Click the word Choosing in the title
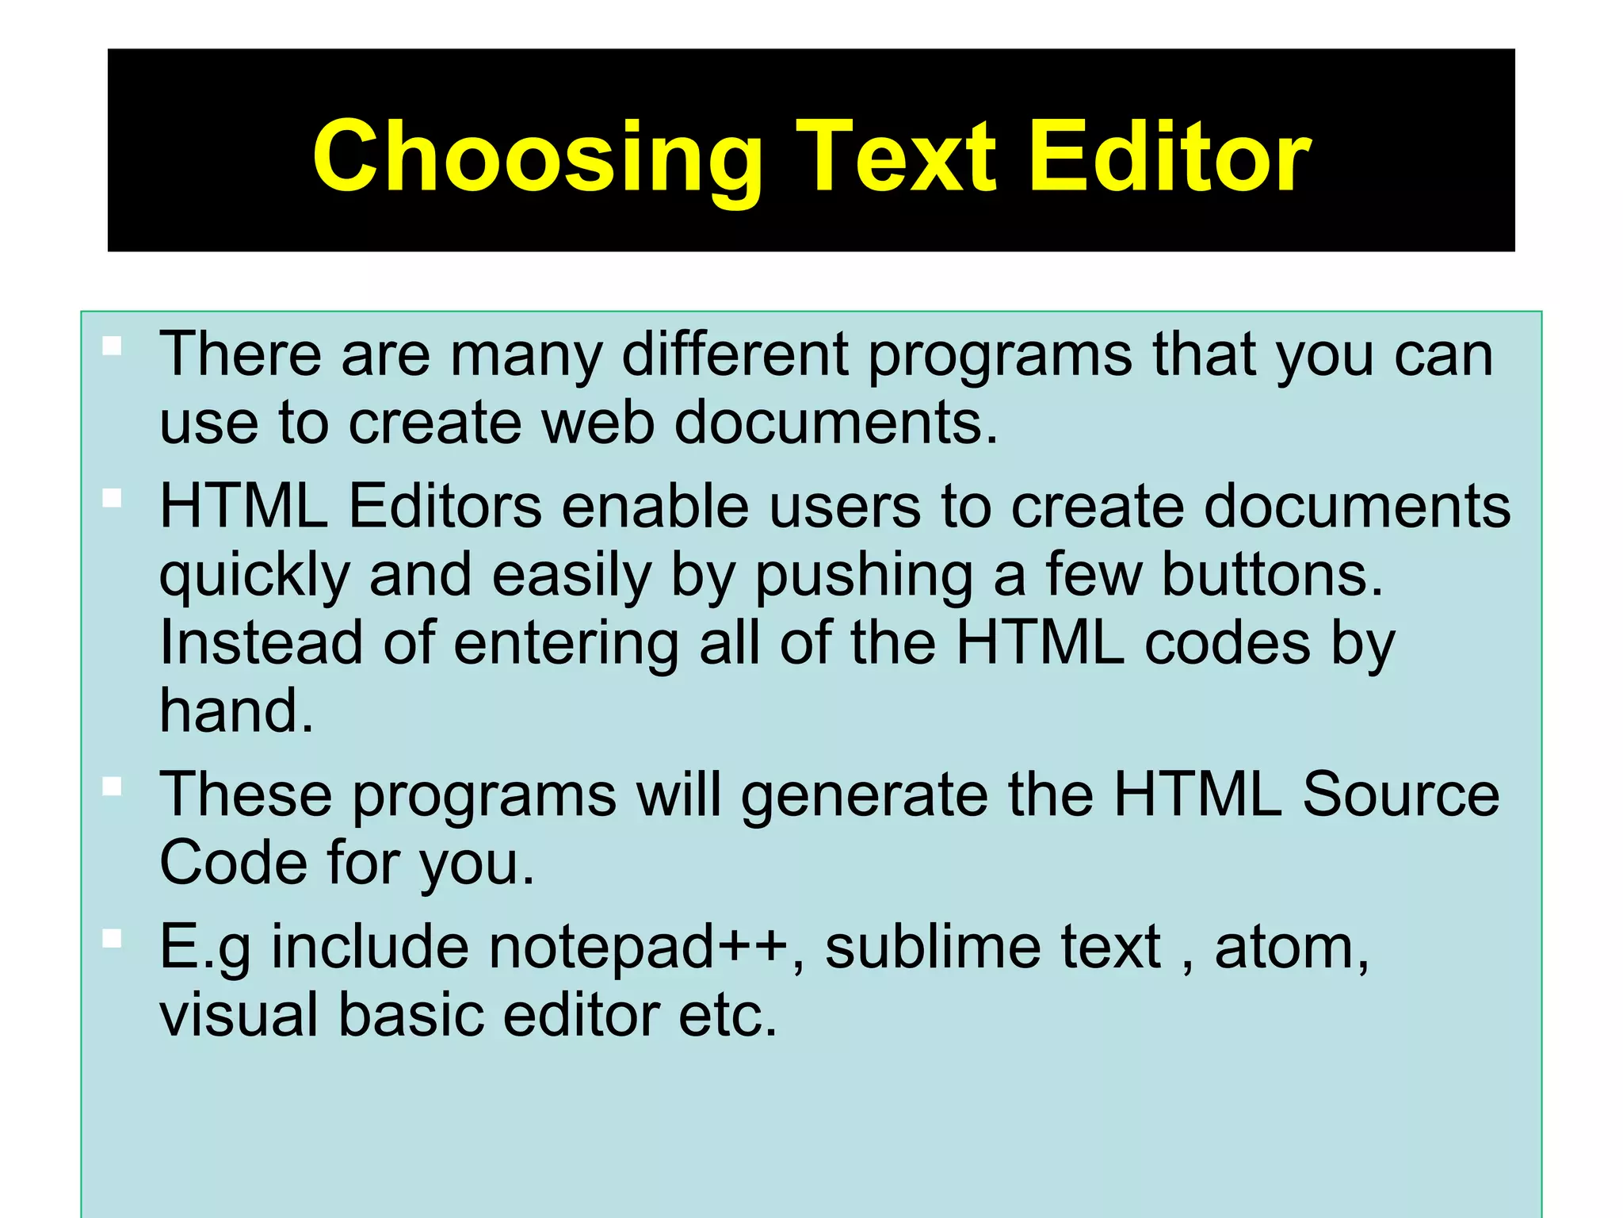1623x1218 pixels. [537, 157]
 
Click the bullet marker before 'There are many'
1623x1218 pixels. [113, 346]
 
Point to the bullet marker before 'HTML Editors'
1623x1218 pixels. [113, 498]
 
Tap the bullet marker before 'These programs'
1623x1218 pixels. [113, 787]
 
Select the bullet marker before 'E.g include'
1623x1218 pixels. [113, 939]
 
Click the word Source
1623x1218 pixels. [1400, 794]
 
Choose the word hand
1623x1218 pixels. [235, 710]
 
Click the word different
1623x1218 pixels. [735, 354]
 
